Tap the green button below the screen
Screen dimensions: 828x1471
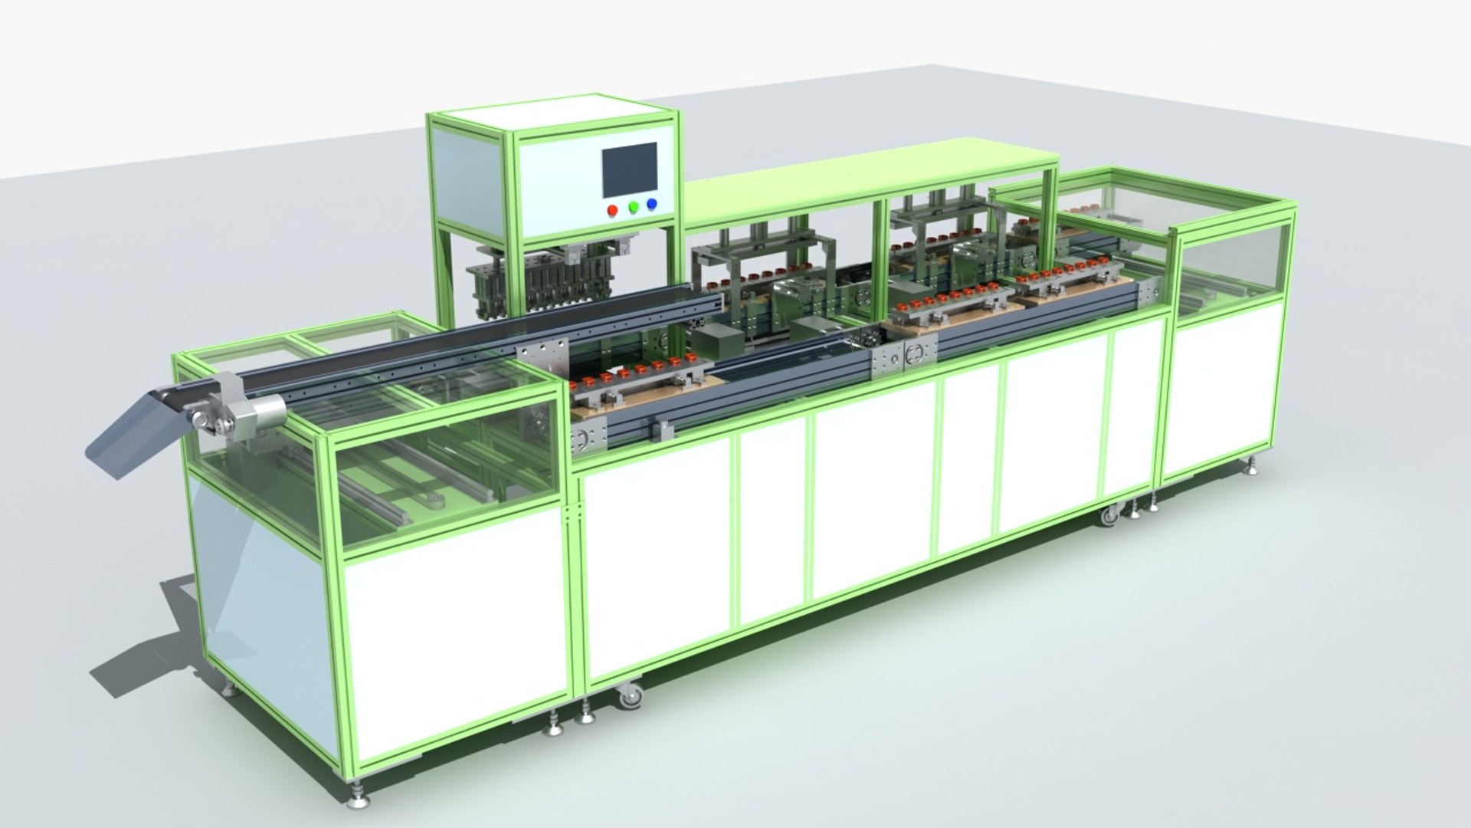click(634, 207)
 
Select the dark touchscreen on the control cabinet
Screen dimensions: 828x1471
click(630, 169)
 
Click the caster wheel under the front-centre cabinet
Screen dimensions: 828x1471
click(630, 696)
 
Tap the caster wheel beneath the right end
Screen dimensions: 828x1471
click(1109, 516)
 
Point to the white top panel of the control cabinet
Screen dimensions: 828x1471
click(552, 115)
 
